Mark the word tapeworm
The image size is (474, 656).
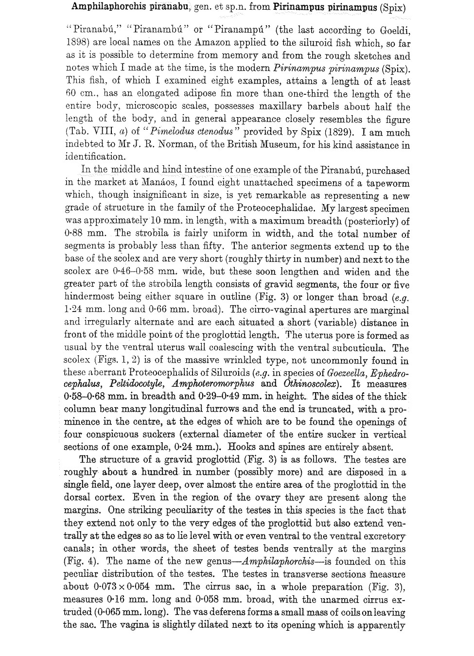[x=387, y=183]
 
